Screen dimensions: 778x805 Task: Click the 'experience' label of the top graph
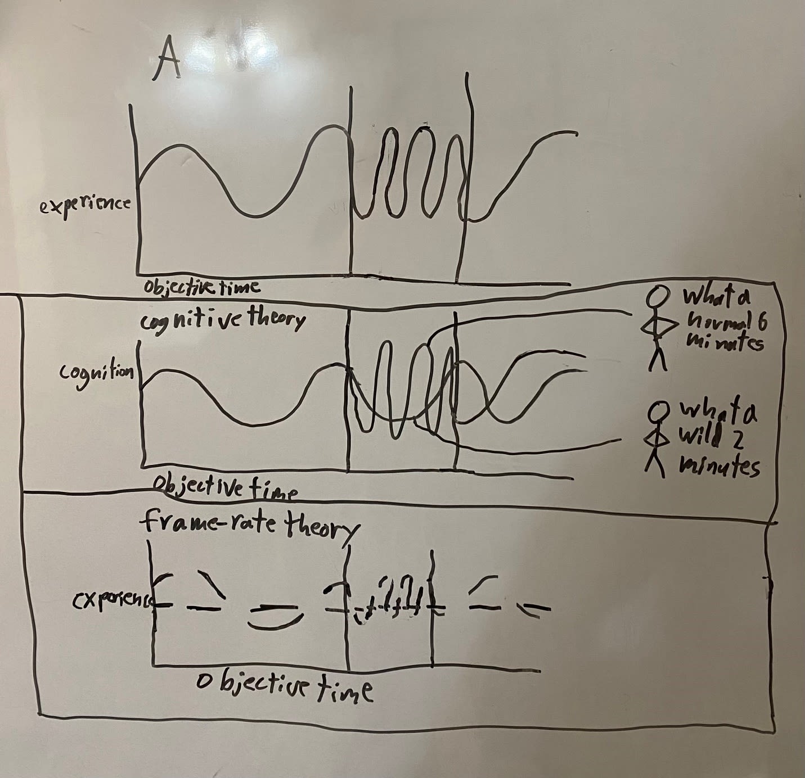point(84,205)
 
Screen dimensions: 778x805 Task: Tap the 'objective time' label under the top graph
point(201,287)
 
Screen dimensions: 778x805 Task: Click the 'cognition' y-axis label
point(97,373)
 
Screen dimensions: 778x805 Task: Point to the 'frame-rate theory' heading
point(249,524)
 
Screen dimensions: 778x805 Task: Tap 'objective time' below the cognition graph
point(225,486)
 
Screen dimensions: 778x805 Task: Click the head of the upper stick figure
point(658,295)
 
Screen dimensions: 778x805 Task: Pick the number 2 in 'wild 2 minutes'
point(737,438)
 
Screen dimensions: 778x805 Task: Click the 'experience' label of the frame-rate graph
point(113,601)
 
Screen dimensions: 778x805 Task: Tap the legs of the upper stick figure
point(657,359)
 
